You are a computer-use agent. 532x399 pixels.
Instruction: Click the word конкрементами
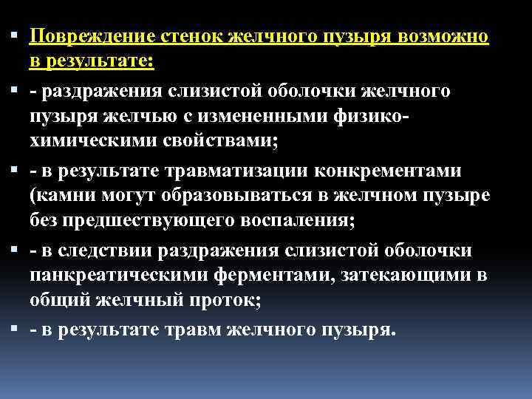click(x=398, y=172)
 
